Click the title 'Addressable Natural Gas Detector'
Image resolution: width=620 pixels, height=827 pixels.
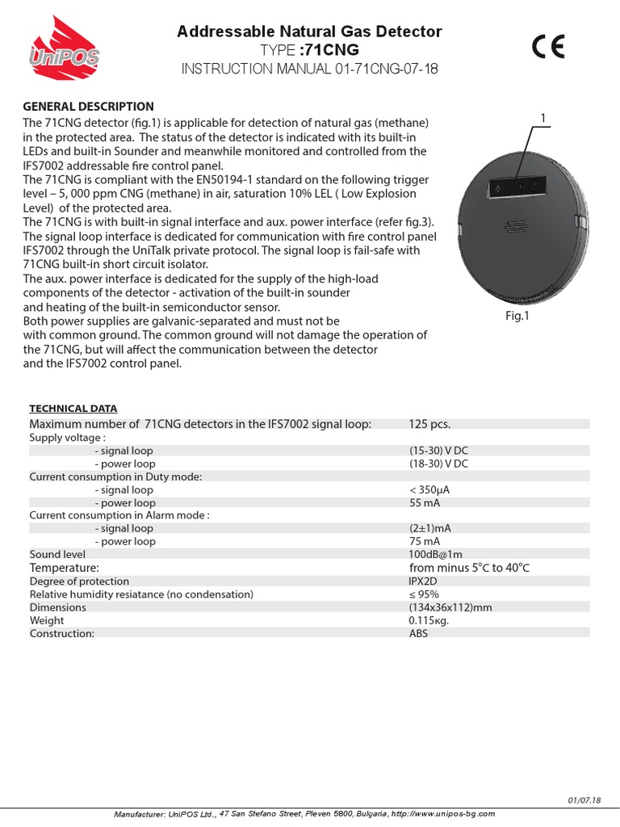click(309, 31)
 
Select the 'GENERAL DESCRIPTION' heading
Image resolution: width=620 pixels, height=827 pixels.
click(88, 106)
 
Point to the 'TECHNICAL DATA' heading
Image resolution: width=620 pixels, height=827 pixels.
click(73, 409)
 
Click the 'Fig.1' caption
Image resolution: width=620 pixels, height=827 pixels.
click(517, 316)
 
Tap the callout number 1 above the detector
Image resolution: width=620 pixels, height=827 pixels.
click(543, 119)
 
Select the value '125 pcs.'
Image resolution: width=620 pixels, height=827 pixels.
click(429, 424)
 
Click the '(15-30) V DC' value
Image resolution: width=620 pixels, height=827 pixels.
click(438, 451)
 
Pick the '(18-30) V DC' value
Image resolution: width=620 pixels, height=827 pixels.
click(438, 464)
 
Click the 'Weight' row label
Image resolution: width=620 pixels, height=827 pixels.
click(46, 620)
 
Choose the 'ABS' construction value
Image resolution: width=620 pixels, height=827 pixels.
click(418, 633)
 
